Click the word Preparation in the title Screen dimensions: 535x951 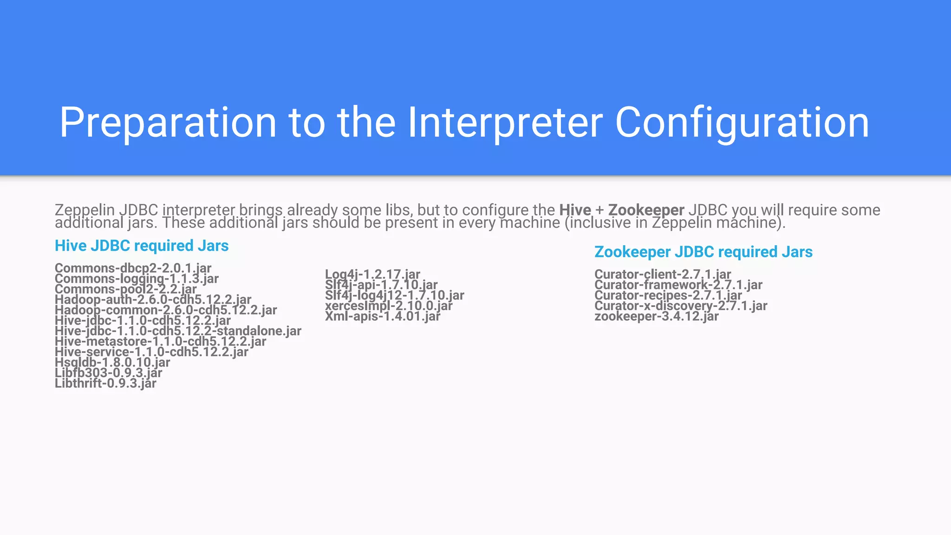click(x=168, y=123)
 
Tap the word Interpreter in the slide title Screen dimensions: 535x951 click(x=505, y=123)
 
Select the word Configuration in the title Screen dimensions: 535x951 click(x=742, y=123)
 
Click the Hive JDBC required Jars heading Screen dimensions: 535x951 click(x=142, y=246)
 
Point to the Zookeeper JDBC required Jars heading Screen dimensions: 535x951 click(x=703, y=252)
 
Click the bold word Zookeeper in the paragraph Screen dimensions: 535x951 click(x=646, y=210)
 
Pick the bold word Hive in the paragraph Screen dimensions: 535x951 click(x=575, y=210)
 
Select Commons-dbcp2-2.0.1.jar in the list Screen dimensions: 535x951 click(x=133, y=268)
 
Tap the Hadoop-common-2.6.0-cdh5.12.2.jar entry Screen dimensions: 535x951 click(x=166, y=310)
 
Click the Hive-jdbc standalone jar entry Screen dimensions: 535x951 click(x=178, y=331)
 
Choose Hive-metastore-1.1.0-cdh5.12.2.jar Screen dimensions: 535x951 click(x=160, y=341)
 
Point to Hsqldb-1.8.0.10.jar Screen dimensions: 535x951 click(x=112, y=362)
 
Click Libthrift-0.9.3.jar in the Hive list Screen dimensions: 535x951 click(x=105, y=383)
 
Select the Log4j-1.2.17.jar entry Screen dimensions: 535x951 click(x=372, y=274)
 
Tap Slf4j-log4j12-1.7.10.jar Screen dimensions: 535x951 click(x=394, y=295)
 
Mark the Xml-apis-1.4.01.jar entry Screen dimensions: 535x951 click(x=382, y=316)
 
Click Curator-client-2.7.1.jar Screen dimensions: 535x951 click(x=663, y=274)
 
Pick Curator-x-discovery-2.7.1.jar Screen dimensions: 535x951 click(x=681, y=306)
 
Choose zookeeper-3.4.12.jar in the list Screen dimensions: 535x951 click(x=657, y=316)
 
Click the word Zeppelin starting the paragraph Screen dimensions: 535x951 click(x=85, y=210)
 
